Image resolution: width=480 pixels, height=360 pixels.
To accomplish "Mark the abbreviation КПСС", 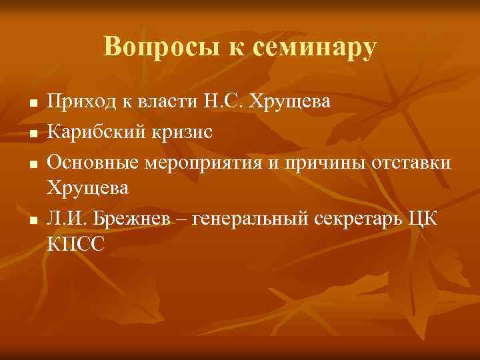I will (76, 245).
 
